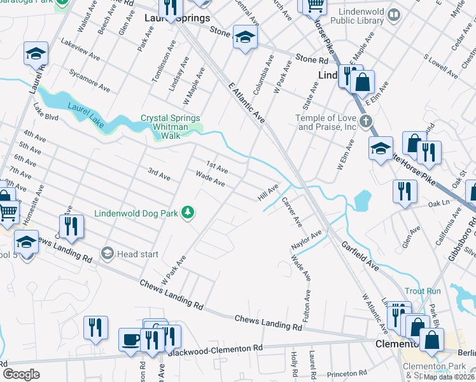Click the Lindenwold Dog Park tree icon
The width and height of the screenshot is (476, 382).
[188, 212]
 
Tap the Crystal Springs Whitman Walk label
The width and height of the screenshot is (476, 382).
[170, 123]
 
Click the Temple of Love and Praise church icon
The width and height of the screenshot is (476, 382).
[365, 120]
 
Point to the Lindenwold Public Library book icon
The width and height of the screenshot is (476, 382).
[395, 14]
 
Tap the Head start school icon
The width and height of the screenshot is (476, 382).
[107, 253]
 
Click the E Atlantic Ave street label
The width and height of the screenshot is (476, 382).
[244, 104]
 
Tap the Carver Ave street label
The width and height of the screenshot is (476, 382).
[291, 212]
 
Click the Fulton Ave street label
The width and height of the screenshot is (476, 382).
[307, 306]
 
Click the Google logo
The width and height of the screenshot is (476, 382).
[22, 374]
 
